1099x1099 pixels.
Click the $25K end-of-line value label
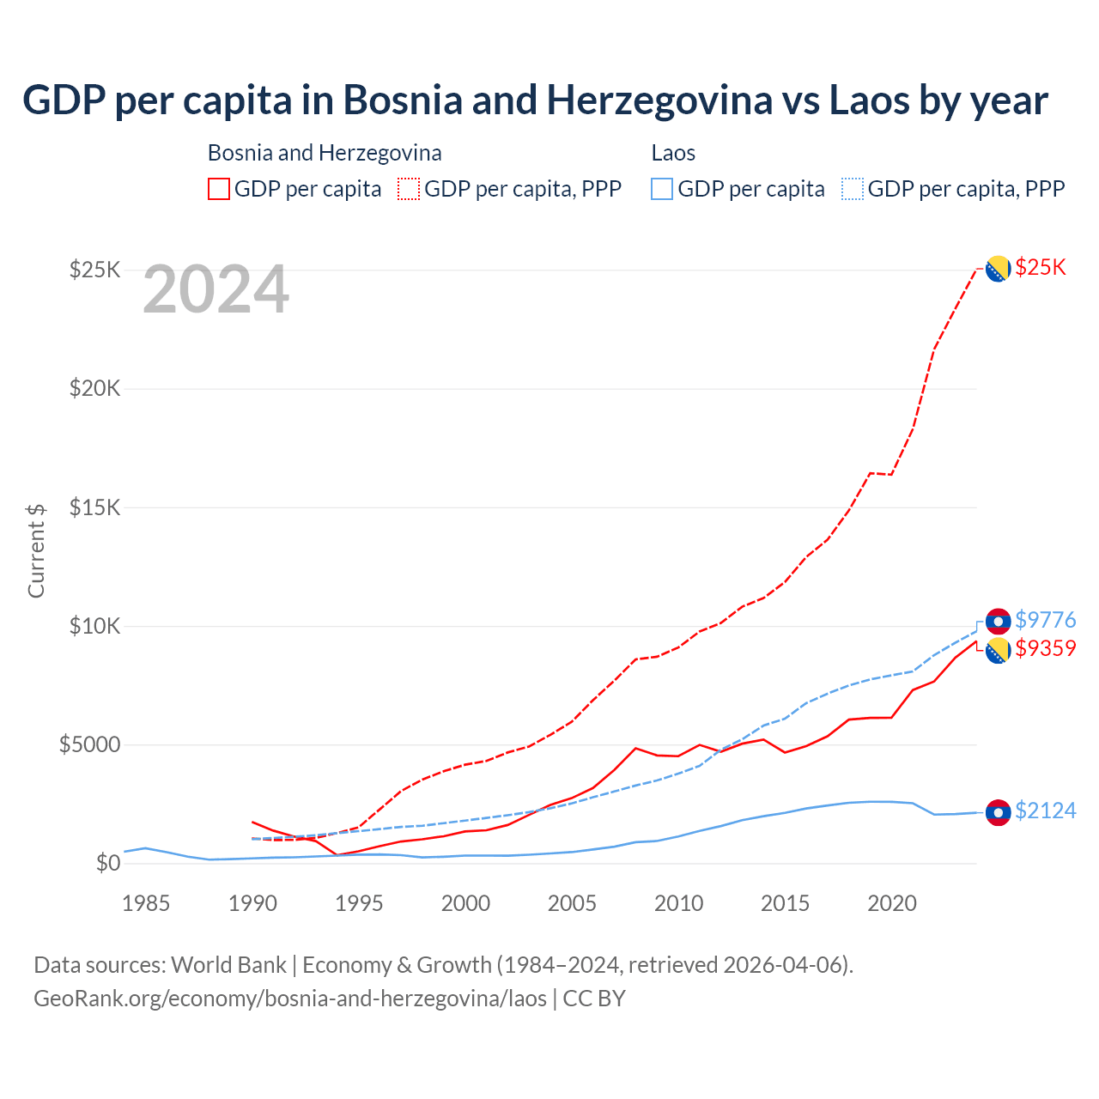tap(1041, 267)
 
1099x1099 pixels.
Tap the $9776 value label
tap(1045, 620)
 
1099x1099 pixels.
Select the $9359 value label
tap(1045, 648)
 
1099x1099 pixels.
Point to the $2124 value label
tap(1045, 811)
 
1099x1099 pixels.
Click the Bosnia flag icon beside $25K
tap(998, 269)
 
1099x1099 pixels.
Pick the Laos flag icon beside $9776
tap(998, 621)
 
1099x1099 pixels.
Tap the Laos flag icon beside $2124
tap(998, 812)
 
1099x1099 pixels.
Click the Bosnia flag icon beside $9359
tap(998, 651)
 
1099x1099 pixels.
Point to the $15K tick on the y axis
tap(95, 507)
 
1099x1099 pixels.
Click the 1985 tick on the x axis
tap(146, 903)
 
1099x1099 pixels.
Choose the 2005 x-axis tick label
tap(572, 903)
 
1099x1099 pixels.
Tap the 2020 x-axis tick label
tap(892, 903)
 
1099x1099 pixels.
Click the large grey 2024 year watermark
tap(216, 290)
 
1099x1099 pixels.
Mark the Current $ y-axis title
tap(36, 550)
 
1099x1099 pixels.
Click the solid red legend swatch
tap(219, 189)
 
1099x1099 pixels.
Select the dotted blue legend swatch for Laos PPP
tap(853, 189)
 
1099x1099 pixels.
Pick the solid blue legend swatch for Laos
tap(662, 189)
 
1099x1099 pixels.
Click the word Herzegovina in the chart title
tap(659, 100)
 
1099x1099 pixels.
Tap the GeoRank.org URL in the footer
tap(290, 999)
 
